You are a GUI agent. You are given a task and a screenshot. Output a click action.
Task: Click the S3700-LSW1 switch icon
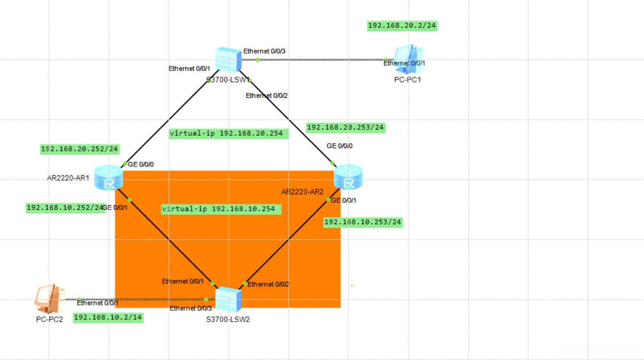tap(228, 59)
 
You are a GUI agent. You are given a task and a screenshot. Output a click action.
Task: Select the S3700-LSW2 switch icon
tap(228, 300)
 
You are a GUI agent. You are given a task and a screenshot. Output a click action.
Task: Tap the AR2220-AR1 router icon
tap(109, 177)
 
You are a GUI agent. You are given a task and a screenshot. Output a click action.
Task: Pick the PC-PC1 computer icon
tap(409, 58)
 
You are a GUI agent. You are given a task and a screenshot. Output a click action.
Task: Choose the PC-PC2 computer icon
tap(49, 299)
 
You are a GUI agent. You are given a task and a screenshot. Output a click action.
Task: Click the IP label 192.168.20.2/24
tap(402, 26)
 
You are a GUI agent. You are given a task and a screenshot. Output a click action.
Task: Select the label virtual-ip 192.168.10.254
tap(221, 209)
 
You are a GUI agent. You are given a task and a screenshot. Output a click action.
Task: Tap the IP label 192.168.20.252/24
tap(80, 149)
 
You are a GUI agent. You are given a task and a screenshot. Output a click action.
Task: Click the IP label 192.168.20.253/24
tap(345, 128)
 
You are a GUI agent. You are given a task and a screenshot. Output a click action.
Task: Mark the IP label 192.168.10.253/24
tap(363, 222)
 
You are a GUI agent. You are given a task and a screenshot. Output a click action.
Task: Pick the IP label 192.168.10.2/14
tap(108, 317)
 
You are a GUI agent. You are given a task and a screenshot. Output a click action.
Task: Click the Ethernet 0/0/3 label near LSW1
tap(264, 51)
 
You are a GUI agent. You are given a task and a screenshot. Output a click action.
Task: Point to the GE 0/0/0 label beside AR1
tap(141, 164)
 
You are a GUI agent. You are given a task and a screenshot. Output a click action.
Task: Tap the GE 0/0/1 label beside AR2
tap(343, 200)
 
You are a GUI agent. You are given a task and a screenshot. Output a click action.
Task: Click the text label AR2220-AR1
tap(68, 178)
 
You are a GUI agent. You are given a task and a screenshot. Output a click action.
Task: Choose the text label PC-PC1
tap(407, 80)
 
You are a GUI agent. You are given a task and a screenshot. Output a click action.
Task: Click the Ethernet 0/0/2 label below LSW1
tap(267, 96)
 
